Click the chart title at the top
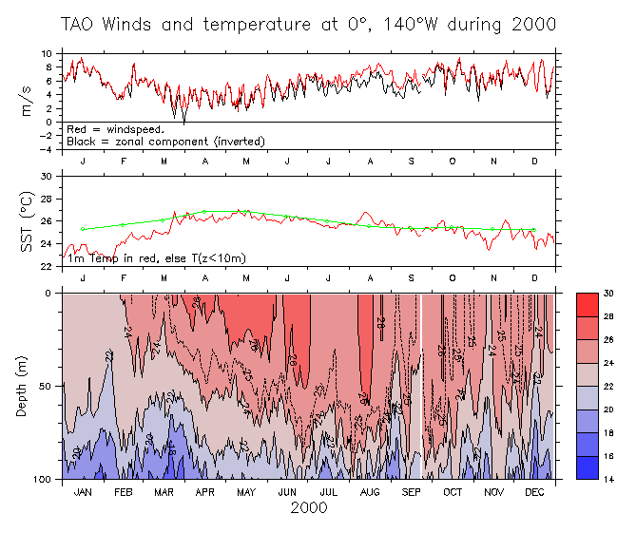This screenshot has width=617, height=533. coord(308,24)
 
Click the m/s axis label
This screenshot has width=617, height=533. coord(28,100)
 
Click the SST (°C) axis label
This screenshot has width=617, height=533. coord(28,221)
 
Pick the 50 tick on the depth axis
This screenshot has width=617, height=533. coord(48,386)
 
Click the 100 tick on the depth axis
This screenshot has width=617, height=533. coord(45,479)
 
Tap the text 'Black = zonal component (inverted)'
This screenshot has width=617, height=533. coord(165,141)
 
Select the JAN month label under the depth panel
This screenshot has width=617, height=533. coord(84,492)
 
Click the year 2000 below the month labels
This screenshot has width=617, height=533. coord(308,507)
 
